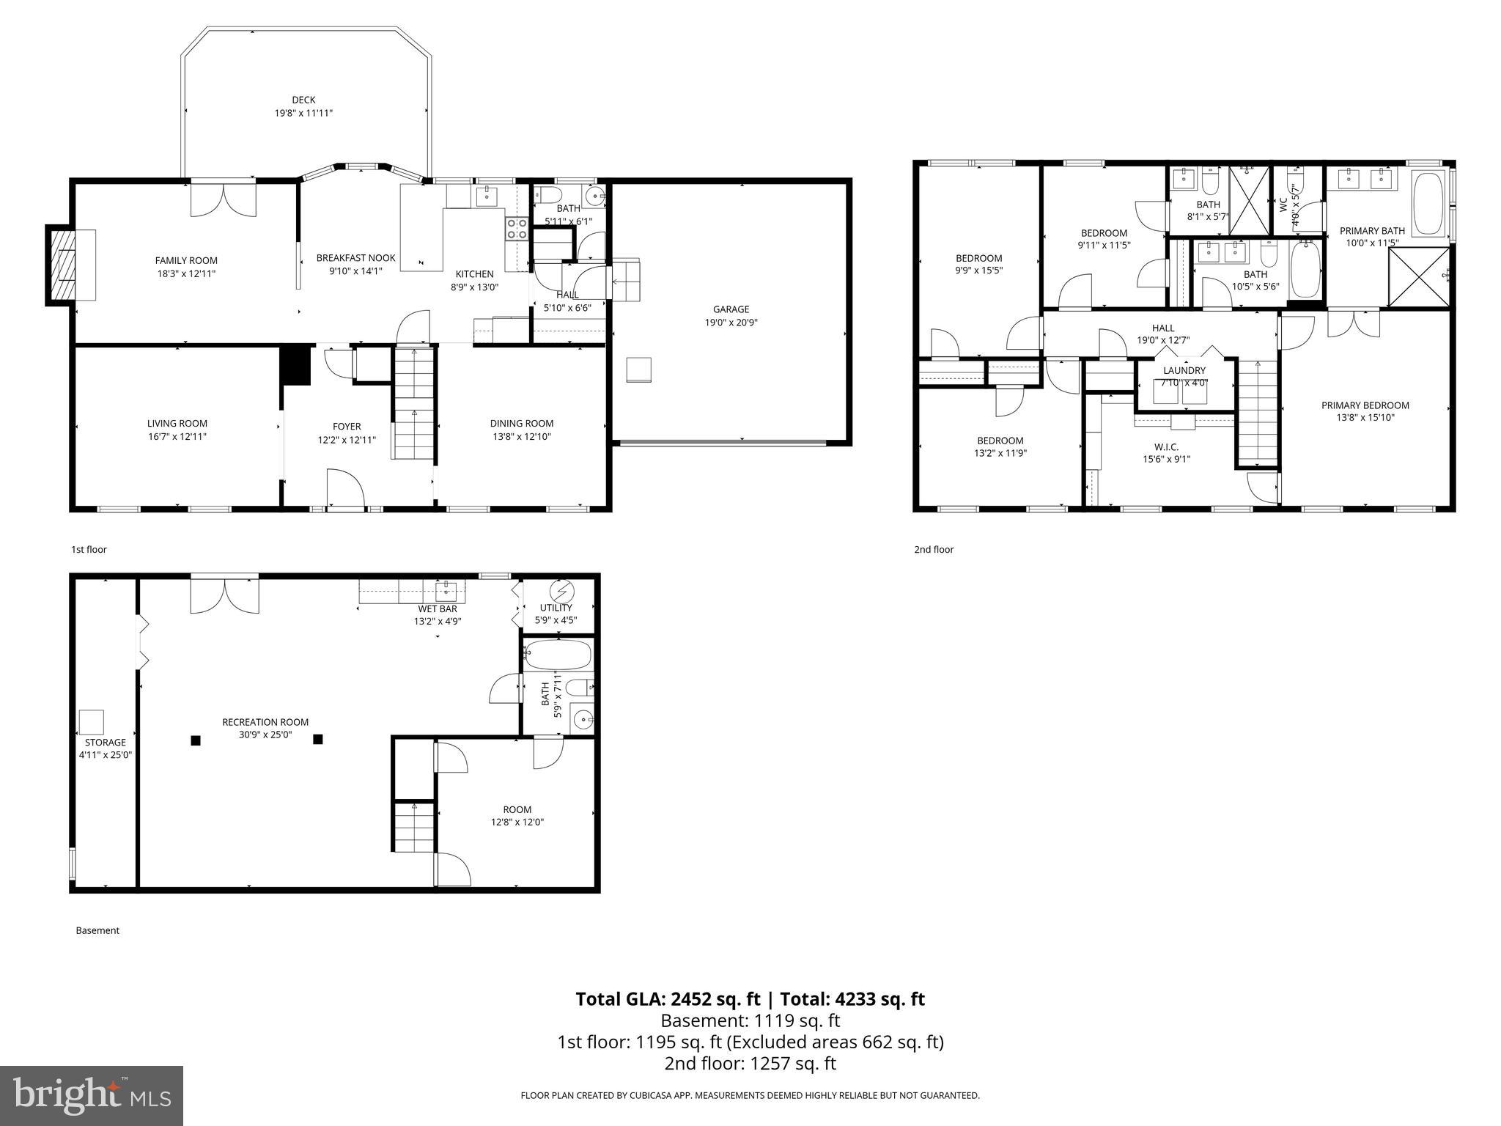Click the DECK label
(303, 100)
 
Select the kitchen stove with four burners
(517, 229)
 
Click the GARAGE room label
(731, 309)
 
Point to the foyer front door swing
(344, 487)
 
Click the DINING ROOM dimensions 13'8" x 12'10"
(521, 436)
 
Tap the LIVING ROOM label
(177, 423)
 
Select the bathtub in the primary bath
(1427, 203)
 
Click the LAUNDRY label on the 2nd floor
(1184, 370)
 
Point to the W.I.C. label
(1166, 446)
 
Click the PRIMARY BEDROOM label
(1365, 405)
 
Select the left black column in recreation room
(196, 740)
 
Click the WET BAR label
(438, 608)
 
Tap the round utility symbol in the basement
(562, 591)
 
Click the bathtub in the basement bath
(558, 655)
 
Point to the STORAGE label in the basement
(105, 742)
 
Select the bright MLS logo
(92, 1095)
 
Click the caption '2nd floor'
(933, 549)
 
